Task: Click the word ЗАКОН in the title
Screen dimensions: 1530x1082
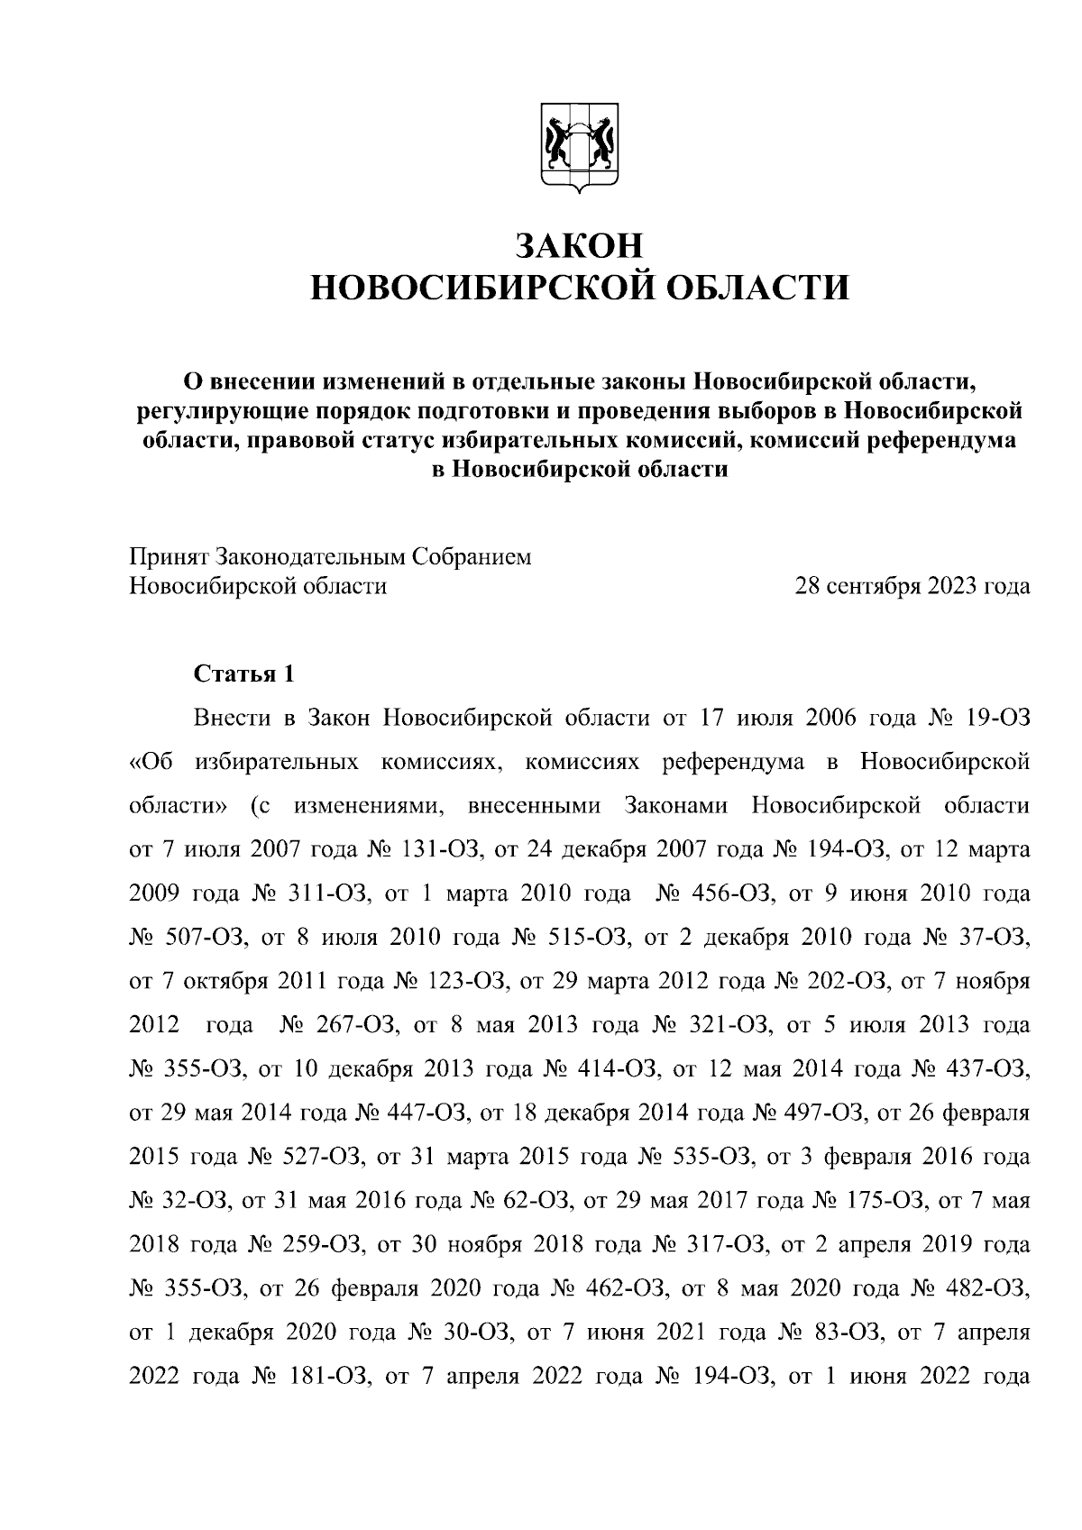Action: [579, 245]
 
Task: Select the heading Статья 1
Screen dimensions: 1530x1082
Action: [243, 673]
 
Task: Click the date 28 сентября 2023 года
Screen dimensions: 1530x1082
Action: [912, 586]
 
